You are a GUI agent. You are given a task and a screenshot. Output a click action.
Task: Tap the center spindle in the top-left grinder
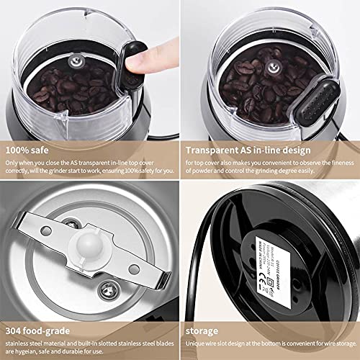(69, 63)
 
